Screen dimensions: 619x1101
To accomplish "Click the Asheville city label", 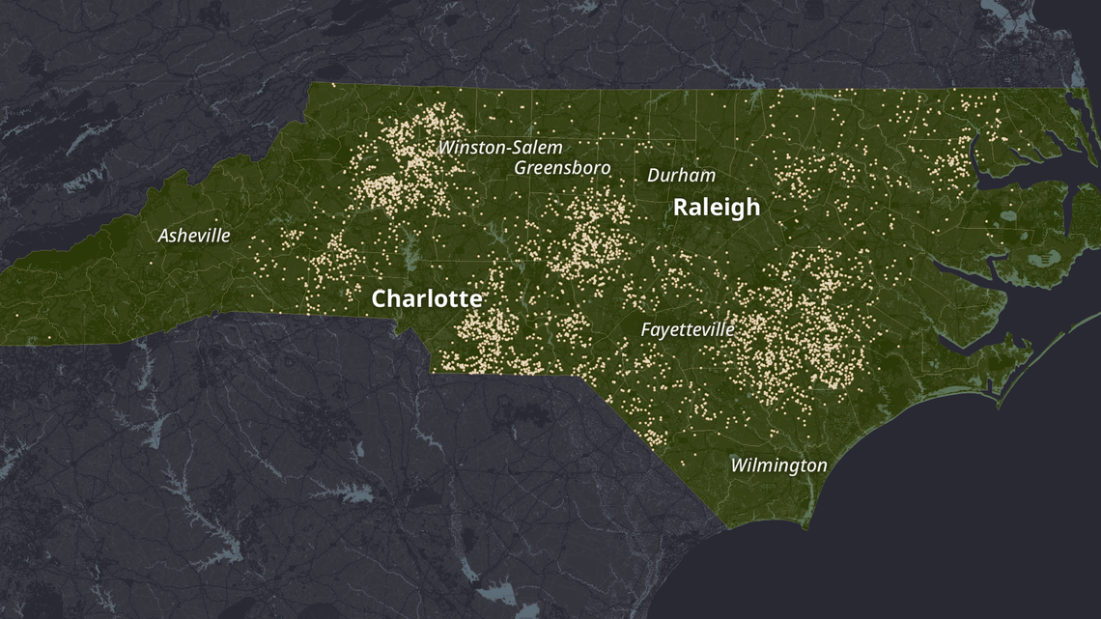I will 194,236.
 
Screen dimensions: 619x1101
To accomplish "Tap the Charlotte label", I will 426,298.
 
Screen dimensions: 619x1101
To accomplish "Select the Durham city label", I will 681,176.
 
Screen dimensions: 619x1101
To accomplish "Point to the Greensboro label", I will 562,168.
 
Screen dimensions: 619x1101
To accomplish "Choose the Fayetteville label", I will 688,330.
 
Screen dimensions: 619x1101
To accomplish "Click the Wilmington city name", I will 778,465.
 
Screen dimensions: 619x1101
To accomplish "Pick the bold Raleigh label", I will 716,208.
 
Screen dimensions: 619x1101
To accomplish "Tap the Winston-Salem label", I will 500,148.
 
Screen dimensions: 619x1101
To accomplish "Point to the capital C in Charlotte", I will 381,299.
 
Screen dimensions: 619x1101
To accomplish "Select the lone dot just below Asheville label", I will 151,262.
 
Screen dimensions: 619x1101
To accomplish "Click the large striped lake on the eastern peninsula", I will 1044,258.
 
